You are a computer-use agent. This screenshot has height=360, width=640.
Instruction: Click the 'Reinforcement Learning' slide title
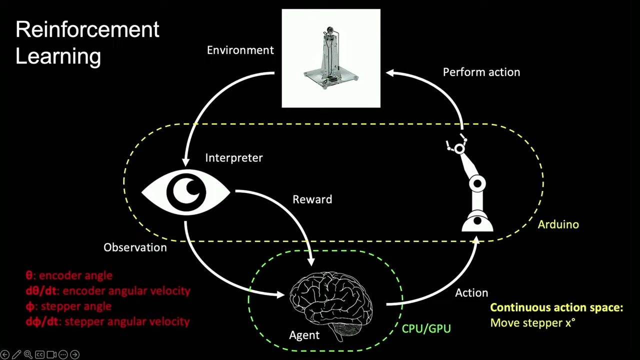coord(87,42)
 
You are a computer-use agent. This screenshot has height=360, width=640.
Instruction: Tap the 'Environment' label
coord(240,50)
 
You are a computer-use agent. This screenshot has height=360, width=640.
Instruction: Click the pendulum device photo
coord(331,58)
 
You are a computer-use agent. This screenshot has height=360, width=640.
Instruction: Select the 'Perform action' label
coord(481,72)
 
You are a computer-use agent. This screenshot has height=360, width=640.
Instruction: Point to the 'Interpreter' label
coord(233,157)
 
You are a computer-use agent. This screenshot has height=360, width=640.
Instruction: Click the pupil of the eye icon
coord(186,191)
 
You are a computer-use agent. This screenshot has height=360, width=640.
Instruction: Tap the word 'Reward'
coord(312,199)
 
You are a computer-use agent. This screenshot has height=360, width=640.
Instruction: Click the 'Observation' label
coord(135,247)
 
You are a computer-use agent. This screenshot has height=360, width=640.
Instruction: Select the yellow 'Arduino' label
coord(558,224)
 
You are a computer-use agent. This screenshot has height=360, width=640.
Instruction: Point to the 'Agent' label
coord(304,335)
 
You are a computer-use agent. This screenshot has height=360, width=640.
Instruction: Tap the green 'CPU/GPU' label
coord(426,328)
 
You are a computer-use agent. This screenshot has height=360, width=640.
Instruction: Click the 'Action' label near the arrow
coord(471,293)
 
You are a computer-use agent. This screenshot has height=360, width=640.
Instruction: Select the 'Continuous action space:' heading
coord(556,307)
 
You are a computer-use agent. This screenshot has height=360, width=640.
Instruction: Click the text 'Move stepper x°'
coord(532,323)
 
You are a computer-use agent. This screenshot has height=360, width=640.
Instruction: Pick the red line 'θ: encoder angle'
coord(69,275)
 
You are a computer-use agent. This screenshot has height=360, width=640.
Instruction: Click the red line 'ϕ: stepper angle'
coord(68,306)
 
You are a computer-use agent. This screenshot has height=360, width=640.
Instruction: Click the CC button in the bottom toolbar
coord(39,354)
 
